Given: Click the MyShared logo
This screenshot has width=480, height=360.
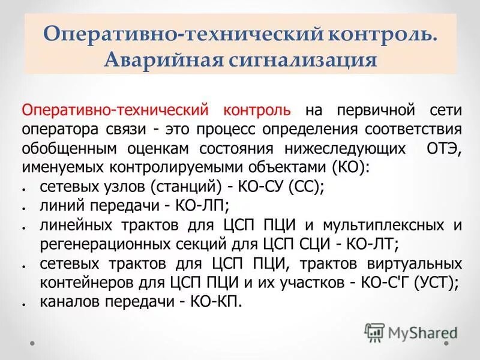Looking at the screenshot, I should coord(410,331).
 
